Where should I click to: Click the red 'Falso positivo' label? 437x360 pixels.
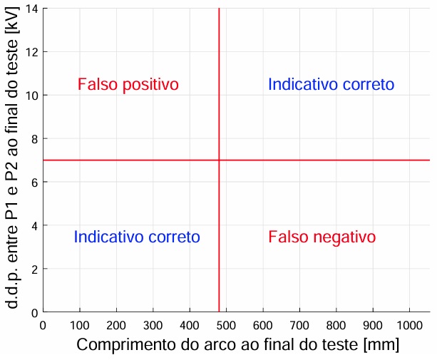(128, 85)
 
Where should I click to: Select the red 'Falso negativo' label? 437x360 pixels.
(322, 237)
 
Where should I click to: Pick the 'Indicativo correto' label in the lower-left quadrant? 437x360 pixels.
(137, 237)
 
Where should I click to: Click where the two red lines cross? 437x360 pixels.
(219, 160)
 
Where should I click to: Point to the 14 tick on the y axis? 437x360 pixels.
(33, 8)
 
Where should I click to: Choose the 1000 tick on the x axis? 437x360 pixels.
(409, 325)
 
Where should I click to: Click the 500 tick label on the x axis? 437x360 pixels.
(225, 325)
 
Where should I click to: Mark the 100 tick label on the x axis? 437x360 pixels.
(79, 325)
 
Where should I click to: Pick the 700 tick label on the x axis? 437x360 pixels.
(299, 325)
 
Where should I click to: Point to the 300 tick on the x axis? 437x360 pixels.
(152, 325)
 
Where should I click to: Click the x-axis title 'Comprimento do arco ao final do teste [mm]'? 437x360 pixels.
(237, 345)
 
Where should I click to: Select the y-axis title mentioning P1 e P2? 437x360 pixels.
(12, 161)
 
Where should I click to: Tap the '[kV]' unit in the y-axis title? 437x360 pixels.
(12, 31)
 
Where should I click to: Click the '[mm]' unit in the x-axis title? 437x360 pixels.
(381, 345)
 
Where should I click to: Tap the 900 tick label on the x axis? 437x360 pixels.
(372, 325)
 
